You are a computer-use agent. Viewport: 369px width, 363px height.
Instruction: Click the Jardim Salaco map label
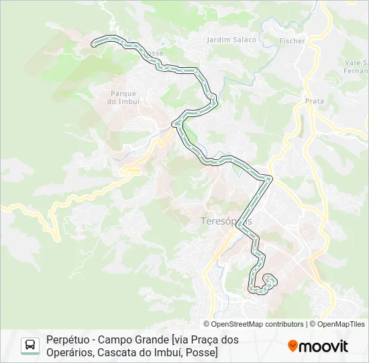231,40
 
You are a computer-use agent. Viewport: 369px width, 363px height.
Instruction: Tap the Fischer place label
293,41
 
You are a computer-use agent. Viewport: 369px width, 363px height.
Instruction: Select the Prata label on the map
314,101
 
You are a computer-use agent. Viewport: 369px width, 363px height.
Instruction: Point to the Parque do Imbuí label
123,97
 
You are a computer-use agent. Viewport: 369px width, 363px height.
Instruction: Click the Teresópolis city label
226,220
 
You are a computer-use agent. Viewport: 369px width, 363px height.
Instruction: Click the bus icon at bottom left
30,346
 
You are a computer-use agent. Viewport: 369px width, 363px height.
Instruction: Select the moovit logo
318,346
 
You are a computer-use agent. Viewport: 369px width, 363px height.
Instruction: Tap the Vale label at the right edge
354,62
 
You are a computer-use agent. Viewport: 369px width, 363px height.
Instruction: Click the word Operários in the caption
69,352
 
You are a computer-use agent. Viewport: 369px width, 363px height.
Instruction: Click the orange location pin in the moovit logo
293,346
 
